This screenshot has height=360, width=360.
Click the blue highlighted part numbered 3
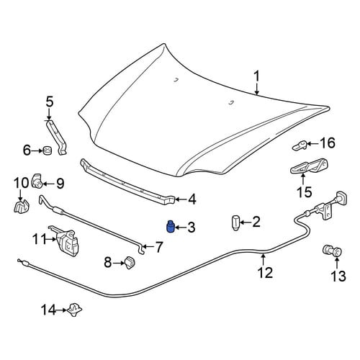coord(170,227)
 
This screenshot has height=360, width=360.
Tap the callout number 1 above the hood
coord(257,76)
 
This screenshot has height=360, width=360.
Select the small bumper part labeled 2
coord(235,222)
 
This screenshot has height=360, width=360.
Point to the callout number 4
coord(192,199)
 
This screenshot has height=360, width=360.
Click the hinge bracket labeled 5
coord(58,138)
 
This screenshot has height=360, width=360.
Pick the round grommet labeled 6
coord(48,150)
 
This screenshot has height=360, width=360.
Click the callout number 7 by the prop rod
coord(158,247)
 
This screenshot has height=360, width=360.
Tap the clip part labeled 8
coord(130,262)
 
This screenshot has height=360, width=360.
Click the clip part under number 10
coord(22,206)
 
